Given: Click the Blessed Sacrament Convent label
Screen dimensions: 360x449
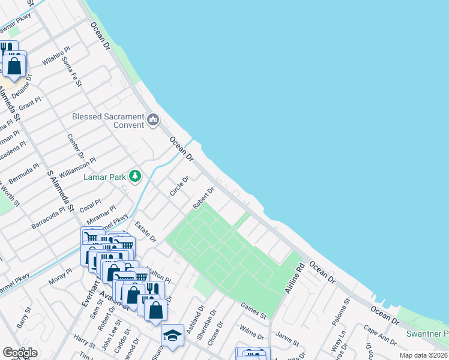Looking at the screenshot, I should [x=108, y=121].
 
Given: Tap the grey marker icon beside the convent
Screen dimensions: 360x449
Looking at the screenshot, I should [x=154, y=120].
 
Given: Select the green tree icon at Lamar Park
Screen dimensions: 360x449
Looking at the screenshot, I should [x=136, y=176].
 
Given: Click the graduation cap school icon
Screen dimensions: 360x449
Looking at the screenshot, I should [x=172, y=335].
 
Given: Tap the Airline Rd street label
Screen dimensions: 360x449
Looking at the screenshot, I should [x=293, y=280].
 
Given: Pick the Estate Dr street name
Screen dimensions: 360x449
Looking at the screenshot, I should [x=145, y=232].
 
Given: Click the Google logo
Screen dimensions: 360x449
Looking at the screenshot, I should [x=20, y=353].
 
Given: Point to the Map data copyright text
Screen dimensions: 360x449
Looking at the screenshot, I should [x=424, y=355].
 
